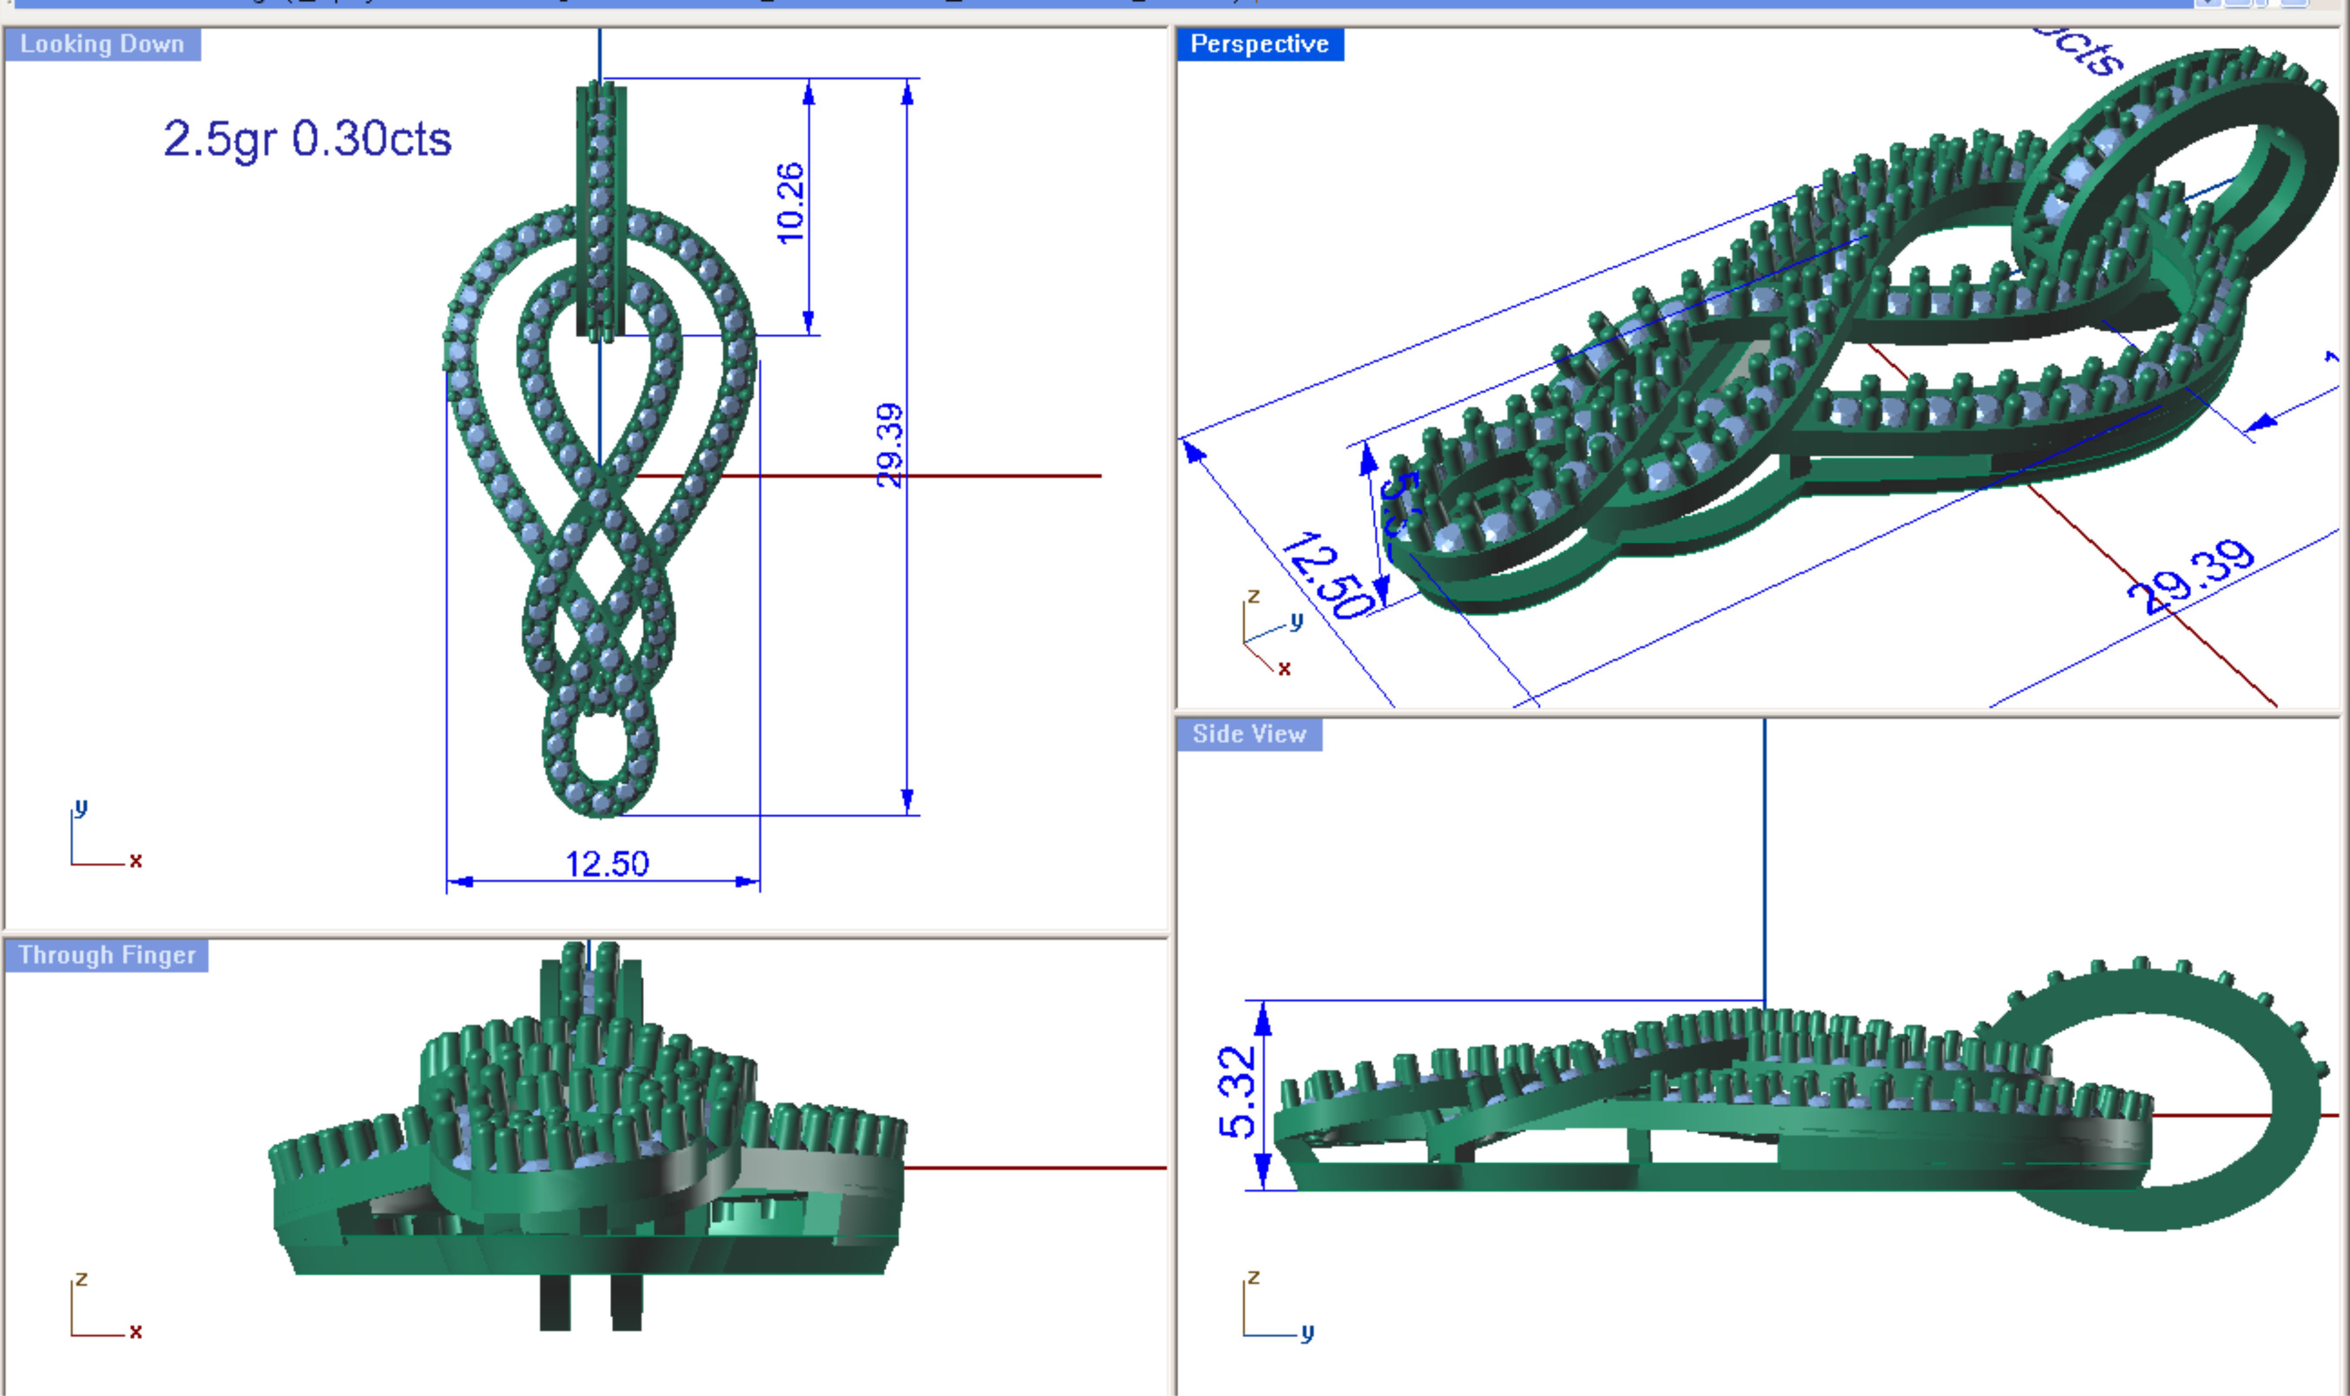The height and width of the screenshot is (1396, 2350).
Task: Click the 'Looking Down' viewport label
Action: [102, 44]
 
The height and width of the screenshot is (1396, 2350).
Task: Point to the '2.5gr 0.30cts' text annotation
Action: [307, 139]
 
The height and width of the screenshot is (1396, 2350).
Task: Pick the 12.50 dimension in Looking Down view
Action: [607, 864]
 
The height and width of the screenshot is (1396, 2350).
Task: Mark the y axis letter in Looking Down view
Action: [81, 807]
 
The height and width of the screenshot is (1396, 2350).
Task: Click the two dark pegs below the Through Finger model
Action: [591, 1303]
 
